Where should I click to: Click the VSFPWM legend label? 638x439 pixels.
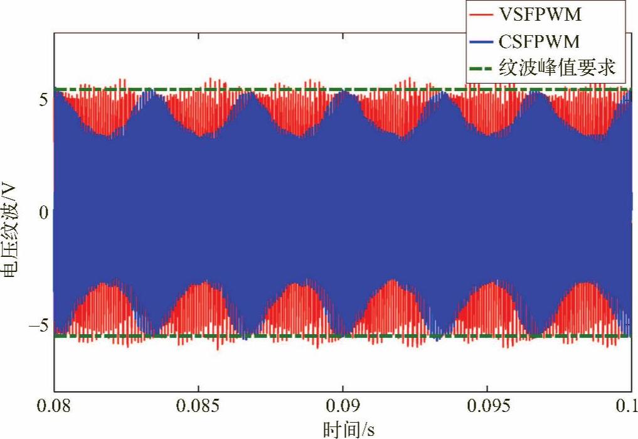pyautogui.click(x=540, y=15)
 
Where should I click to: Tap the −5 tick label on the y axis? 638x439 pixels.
pyautogui.click(x=38, y=326)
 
